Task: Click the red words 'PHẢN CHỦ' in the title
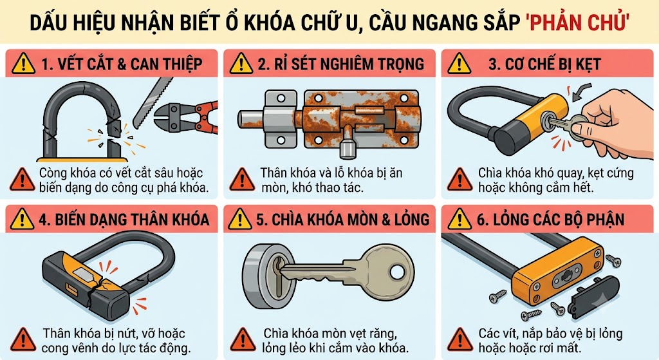[x=577, y=22]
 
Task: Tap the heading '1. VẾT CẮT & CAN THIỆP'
[x=122, y=64]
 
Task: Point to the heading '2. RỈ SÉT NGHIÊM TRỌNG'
[x=341, y=64]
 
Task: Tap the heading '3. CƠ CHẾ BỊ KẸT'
[x=544, y=64]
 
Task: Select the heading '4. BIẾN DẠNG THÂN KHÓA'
[x=124, y=220]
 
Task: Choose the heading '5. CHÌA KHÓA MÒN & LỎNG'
[x=342, y=220]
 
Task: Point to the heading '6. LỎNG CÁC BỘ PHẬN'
[x=550, y=220]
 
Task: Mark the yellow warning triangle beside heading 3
[x=459, y=64]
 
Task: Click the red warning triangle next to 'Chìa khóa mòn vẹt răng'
[x=243, y=340]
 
